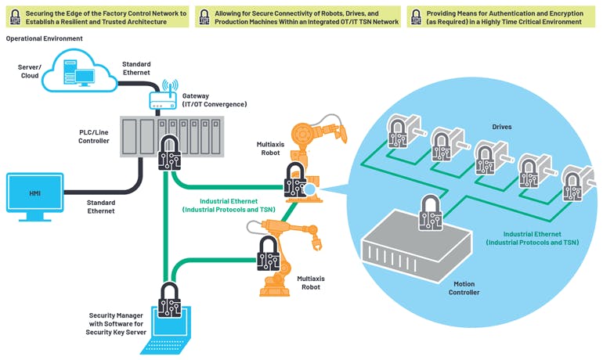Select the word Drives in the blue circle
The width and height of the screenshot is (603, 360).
pyautogui.click(x=502, y=126)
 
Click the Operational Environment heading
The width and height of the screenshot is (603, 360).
pyautogui.click(x=45, y=38)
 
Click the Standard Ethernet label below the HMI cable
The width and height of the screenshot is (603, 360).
pyautogui.click(x=100, y=207)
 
